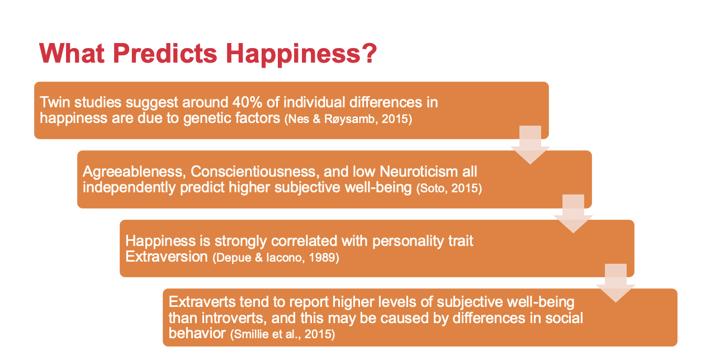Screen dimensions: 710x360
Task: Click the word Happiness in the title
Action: click(x=293, y=54)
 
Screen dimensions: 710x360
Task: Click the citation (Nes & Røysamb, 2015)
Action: click(x=348, y=119)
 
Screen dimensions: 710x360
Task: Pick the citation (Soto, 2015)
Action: click(x=449, y=188)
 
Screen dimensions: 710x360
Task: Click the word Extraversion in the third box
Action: click(x=167, y=257)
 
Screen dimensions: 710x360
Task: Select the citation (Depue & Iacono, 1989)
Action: click(x=276, y=257)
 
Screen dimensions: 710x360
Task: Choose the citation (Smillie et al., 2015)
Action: click(x=282, y=334)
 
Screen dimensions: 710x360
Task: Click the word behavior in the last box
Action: click(x=197, y=333)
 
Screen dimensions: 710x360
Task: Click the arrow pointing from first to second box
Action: click(x=530, y=145)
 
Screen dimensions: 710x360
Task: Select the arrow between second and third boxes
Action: click(x=573, y=214)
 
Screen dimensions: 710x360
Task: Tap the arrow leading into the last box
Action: click(x=616, y=283)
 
